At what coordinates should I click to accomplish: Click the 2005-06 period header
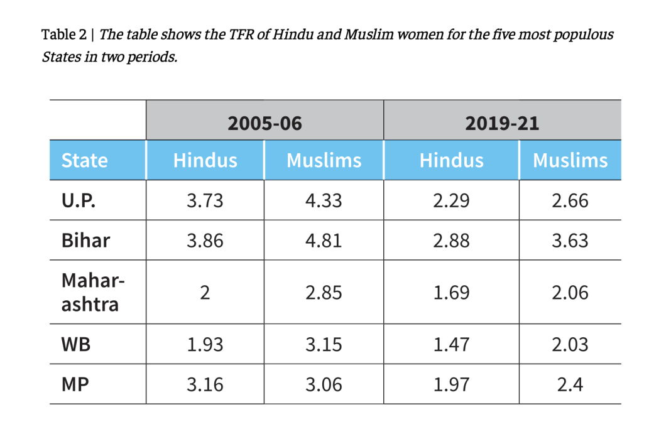coord(265,124)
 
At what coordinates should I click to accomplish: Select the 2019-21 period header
coord(502,124)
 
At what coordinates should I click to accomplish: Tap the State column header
coord(84,160)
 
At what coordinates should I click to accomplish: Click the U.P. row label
coord(79,200)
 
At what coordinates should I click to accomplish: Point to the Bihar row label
coord(85,241)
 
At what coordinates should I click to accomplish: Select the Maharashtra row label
coord(93,293)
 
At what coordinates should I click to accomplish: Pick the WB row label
coord(76,344)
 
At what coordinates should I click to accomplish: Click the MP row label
coord(75,384)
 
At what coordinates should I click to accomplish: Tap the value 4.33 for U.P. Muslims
coord(324,200)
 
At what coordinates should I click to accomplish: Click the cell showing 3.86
coord(205,241)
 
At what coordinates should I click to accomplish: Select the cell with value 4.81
coord(324,241)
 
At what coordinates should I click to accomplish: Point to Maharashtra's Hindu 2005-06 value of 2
coord(205,293)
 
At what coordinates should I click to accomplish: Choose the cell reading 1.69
coord(451,293)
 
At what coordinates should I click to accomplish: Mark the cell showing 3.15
coord(324,345)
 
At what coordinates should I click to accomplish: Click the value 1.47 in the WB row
coord(451,345)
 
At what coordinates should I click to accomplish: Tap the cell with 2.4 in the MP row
coord(570,385)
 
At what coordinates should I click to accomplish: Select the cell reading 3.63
coord(570,241)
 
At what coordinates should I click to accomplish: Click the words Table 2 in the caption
coord(63,34)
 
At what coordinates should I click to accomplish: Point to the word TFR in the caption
coord(242,34)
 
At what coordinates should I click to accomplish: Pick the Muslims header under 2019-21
coord(570,160)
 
